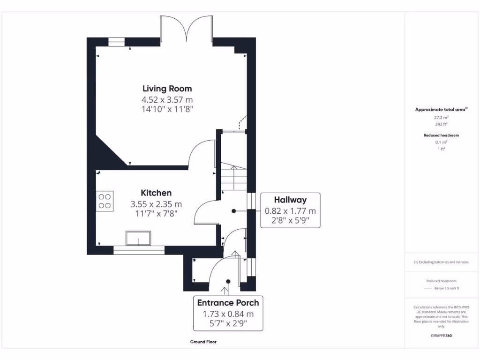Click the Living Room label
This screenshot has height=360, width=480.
coord(167,89)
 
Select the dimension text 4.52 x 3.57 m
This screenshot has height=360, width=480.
coord(167,99)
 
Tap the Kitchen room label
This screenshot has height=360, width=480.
coord(156,193)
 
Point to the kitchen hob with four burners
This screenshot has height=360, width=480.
coord(105,201)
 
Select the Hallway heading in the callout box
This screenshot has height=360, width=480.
coord(290,200)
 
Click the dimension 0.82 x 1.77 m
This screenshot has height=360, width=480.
coord(290,211)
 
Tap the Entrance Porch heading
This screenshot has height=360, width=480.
coord(228,302)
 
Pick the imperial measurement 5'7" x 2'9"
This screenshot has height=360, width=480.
coord(228,323)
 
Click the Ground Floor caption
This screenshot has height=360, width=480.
coord(203,342)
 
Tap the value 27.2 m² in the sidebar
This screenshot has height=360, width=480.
coord(441,118)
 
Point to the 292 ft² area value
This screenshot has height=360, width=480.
coord(441,125)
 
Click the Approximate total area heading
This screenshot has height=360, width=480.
coord(441,110)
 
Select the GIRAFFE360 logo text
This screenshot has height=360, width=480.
coord(441,336)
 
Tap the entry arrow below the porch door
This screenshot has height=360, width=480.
coord(222,293)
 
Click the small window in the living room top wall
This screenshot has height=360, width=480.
coord(117,42)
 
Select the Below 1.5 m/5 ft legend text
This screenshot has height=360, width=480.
coord(447,288)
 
